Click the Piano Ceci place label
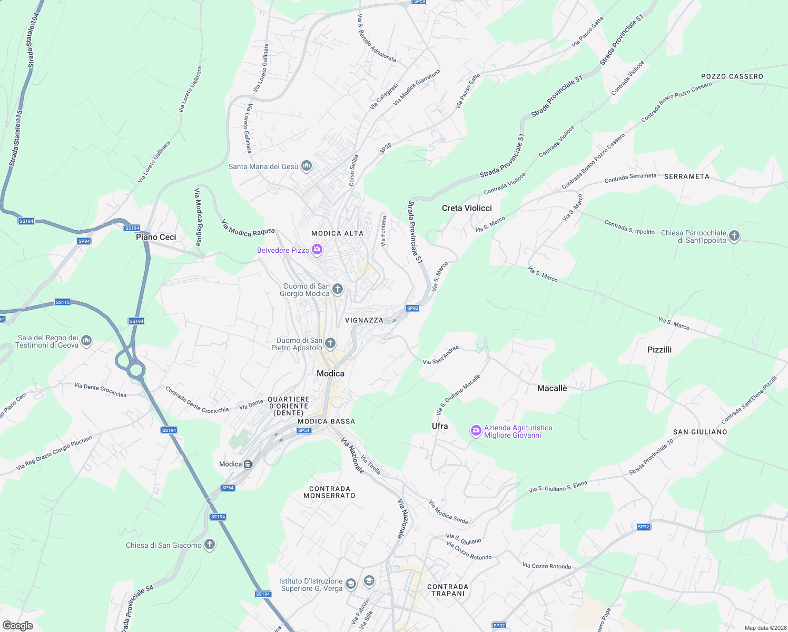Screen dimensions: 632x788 pyautogui.click(x=156, y=237)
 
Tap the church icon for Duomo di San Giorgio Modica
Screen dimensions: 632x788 pyautogui.click(x=338, y=289)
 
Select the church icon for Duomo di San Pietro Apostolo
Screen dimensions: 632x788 pyautogui.click(x=330, y=344)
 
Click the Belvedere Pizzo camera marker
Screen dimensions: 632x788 pyautogui.click(x=317, y=250)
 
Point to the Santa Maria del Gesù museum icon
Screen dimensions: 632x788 pyautogui.click(x=307, y=166)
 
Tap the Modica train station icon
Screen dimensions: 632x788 pyautogui.click(x=248, y=464)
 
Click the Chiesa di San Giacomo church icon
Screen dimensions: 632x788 pyautogui.click(x=210, y=545)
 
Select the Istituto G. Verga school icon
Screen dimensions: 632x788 pyautogui.click(x=351, y=584)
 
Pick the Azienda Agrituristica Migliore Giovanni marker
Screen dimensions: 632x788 pyautogui.click(x=476, y=431)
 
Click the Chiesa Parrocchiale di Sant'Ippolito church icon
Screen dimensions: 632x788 pyautogui.click(x=734, y=236)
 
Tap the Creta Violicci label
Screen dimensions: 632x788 pyautogui.click(x=467, y=208)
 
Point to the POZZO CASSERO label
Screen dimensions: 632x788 pyautogui.click(x=732, y=76)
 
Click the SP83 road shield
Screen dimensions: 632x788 pyautogui.click(x=412, y=308)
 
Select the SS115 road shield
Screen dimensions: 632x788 pyautogui.click(x=63, y=302)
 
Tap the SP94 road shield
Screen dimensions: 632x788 pyautogui.click(x=84, y=241)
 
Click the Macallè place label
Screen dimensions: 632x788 pyautogui.click(x=552, y=388)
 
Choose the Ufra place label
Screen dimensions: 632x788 pyautogui.click(x=440, y=426)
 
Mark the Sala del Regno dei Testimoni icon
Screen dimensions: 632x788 pyautogui.click(x=87, y=341)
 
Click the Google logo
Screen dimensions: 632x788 pyautogui.click(x=17, y=625)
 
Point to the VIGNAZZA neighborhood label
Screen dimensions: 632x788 pyautogui.click(x=364, y=320)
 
